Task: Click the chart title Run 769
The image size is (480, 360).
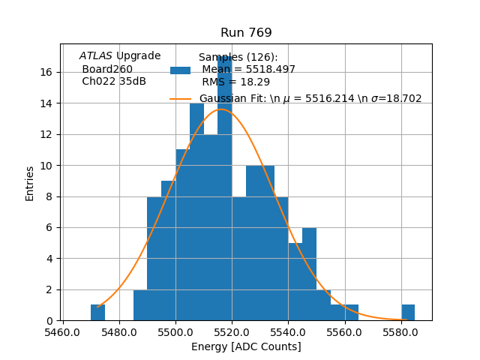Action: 246,33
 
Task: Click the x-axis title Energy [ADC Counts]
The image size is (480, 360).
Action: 246,346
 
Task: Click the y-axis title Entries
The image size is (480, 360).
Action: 30,183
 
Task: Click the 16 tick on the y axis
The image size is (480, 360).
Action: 46,72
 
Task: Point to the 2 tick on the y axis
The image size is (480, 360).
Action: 49,289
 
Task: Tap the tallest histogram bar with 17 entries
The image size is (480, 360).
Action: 224,187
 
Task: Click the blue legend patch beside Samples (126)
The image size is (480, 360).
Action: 180,70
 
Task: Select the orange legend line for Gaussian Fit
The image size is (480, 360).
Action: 180,98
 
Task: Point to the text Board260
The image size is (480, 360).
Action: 107,69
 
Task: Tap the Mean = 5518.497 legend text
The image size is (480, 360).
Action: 248,69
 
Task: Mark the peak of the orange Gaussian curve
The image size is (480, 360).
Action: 222,109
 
